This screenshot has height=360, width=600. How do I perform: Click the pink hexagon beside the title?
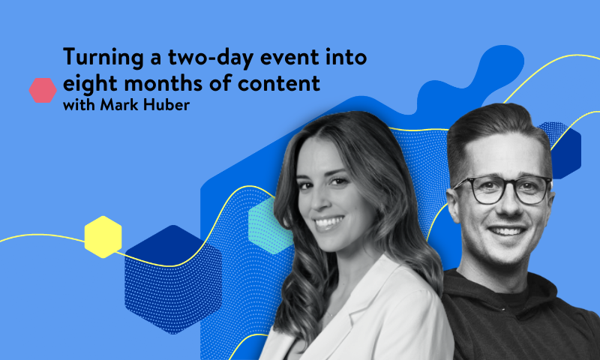[43, 91]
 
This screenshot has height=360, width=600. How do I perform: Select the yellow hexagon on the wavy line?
[103, 236]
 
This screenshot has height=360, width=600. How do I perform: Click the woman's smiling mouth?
[329, 223]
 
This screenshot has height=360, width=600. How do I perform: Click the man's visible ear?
[455, 204]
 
